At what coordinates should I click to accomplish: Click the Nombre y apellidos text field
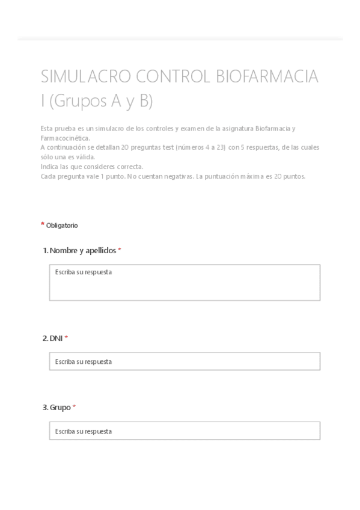click(x=185, y=282)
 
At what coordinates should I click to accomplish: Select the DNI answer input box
click(x=185, y=361)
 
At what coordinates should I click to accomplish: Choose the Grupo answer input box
click(x=185, y=431)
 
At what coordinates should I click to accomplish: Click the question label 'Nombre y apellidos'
click(x=83, y=250)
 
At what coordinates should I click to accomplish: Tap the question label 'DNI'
click(x=56, y=339)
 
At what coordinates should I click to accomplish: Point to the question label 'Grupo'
click(x=60, y=407)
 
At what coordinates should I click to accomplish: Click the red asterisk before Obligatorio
click(x=43, y=224)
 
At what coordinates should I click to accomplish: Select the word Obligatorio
click(x=62, y=226)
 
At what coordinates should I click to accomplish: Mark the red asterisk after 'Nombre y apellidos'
click(x=120, y=250)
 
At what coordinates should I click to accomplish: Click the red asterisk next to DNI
click(x=66, y=338)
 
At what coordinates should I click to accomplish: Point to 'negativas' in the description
click(x=175, y=176)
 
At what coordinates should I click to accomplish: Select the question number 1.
click(x=45, y=250)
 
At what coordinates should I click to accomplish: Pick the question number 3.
click(x=45, y=407)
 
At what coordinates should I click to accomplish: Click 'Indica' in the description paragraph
click(x=49, y=167)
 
